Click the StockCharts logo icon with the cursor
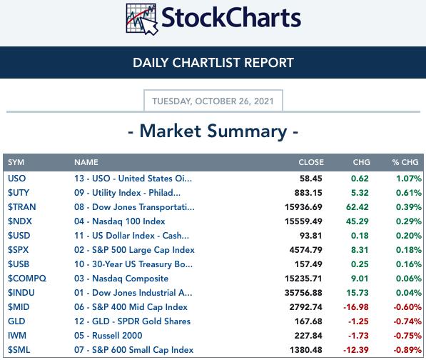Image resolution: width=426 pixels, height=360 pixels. tap(142, 19)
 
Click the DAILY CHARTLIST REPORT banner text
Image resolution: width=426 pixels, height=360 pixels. tap(213, 63)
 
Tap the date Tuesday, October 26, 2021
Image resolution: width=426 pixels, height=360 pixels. tap(213, 101)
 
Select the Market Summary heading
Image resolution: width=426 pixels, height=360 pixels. tap(213, 131)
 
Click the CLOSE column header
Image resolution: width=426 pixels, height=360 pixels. tap(311, 162)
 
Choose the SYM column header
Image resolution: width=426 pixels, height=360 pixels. tap(16, 162)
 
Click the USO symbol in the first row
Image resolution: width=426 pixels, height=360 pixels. tap(17, 179)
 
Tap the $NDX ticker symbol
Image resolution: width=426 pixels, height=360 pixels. tap(20, 221)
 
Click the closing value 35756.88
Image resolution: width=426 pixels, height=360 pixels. tap(303, 293)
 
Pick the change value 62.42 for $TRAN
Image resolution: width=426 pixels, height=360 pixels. tap(357, 207)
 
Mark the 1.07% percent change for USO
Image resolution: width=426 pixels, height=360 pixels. tap(409, 179)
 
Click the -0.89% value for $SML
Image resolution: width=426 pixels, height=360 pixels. tap(407, 350)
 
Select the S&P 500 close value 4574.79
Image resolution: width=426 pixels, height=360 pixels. tap(305, 250)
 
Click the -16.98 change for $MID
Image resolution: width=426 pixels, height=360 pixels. tap(356, 307)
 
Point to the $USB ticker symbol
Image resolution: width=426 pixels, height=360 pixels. tap(19, 264)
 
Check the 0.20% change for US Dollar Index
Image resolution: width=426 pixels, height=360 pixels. tap(409, 236)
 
